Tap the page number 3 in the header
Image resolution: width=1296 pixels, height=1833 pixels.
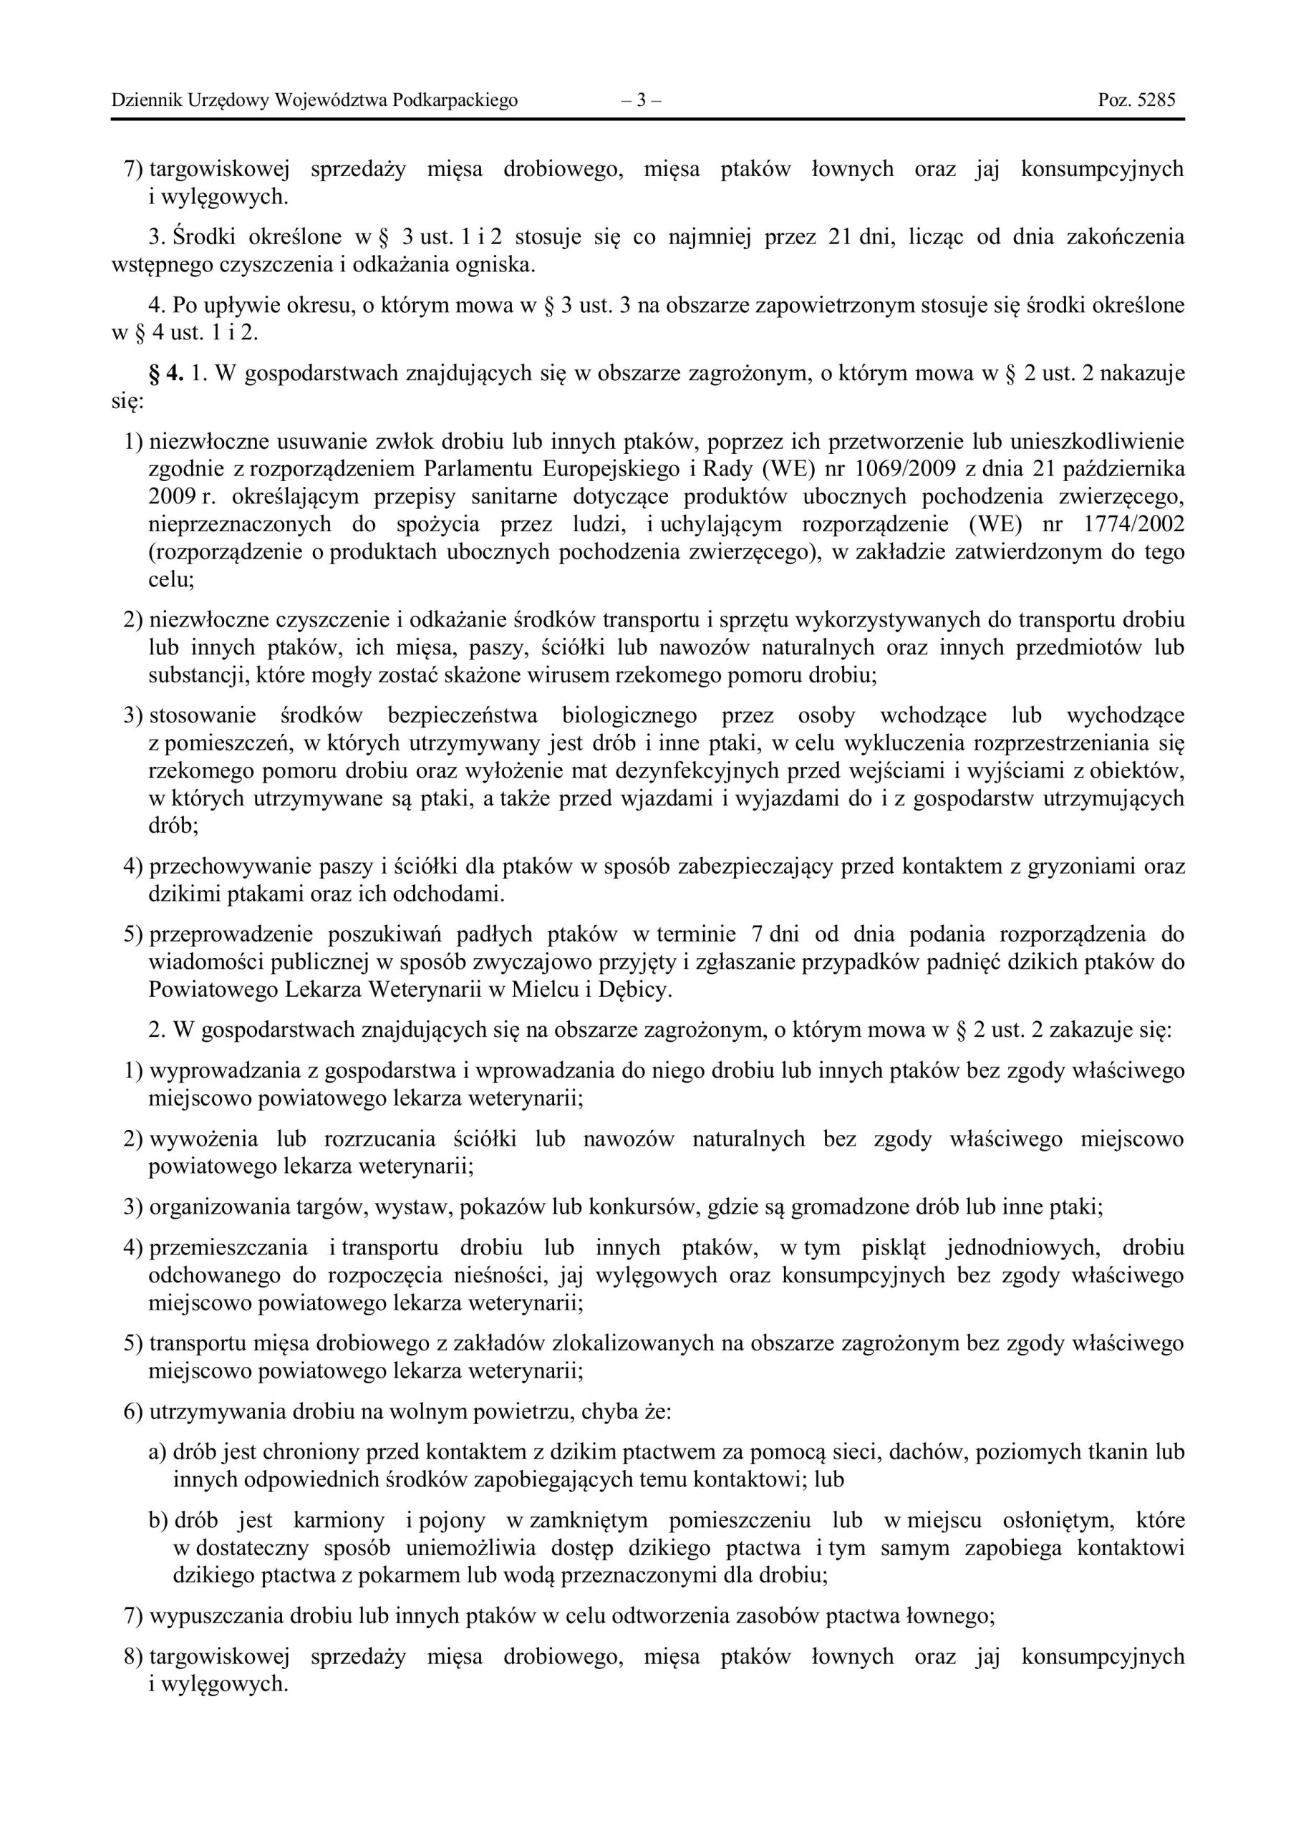[640, 100]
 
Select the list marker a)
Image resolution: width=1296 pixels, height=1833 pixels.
[158, 1452]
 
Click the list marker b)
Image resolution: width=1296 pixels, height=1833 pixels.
[158, 1520]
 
